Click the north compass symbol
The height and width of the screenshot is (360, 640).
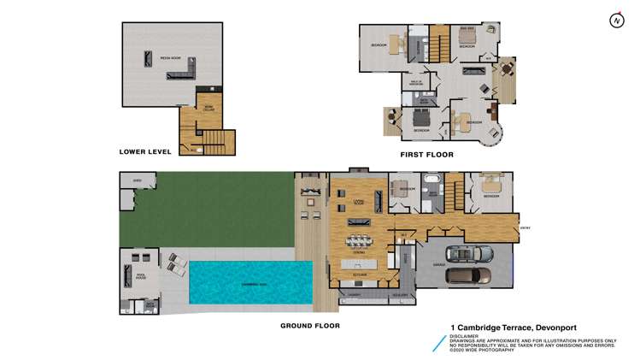pyautogui.click(x=614, y=20)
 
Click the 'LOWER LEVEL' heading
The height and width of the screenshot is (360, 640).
pyautogui.click(x=145, y=152)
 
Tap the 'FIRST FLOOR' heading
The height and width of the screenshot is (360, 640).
pyautogui.click(x=426, y=155)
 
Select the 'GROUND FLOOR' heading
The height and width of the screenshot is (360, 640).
pyautogui.click(x=310, y=326)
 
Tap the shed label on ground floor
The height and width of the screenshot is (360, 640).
pyautogui.click(x=137, y=181)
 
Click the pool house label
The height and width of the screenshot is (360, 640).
pyautogui.click(x=142, y=275)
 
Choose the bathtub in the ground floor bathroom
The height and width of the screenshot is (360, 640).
pyautogui.click(x=432, y=181)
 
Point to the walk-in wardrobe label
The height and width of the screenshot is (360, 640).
pyautogui.click(x=415, y=84)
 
